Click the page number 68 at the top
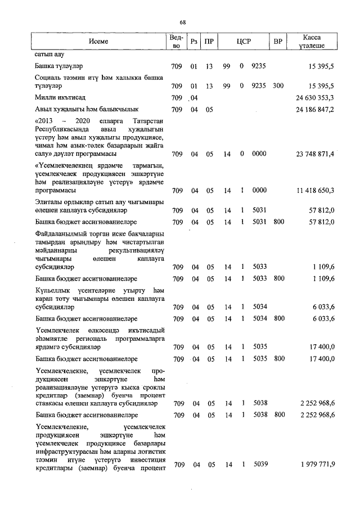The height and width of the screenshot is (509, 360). click(x=183, y=22)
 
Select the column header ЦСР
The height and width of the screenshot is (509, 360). click(x=244, y=42)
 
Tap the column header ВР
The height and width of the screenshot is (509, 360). click(x=277, y=42)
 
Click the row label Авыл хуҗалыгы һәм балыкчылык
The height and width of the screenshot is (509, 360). click(x=78, y=109)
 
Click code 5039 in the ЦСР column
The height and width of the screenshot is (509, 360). click(x=259, y=465)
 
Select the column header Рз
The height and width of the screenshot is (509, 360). click(x=194, y=42)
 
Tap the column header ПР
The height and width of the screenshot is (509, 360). click(x=209, y=42)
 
